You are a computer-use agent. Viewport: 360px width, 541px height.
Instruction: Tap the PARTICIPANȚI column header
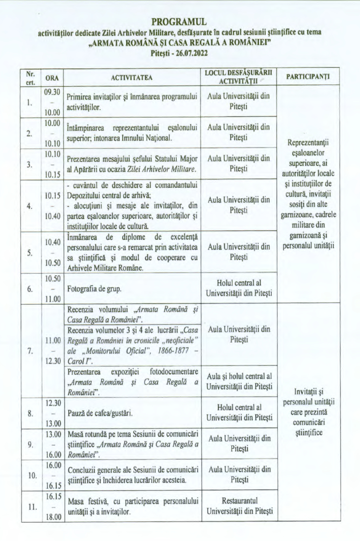click(307, 77)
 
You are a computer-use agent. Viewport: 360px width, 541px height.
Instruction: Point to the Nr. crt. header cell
click(30, 77)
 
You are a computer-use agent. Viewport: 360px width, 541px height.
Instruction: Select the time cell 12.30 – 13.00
click(52, 413)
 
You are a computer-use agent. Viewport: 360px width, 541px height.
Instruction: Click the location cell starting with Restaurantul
click(239, 506)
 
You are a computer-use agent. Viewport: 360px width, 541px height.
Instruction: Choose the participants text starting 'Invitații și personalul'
click(307, 412)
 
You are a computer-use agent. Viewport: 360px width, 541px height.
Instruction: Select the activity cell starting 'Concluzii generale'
click(132, 474)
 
